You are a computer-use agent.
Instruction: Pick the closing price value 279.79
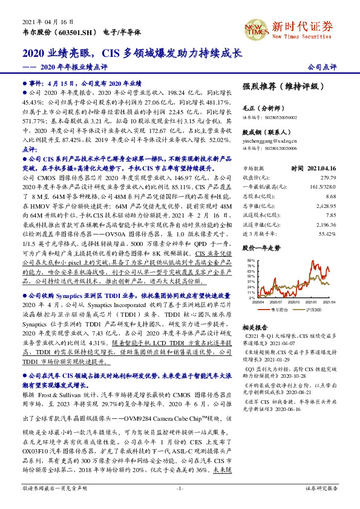coord(327,178)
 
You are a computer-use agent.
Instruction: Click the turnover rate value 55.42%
coord(326,233)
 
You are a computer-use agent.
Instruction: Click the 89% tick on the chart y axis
coord(249,259)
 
